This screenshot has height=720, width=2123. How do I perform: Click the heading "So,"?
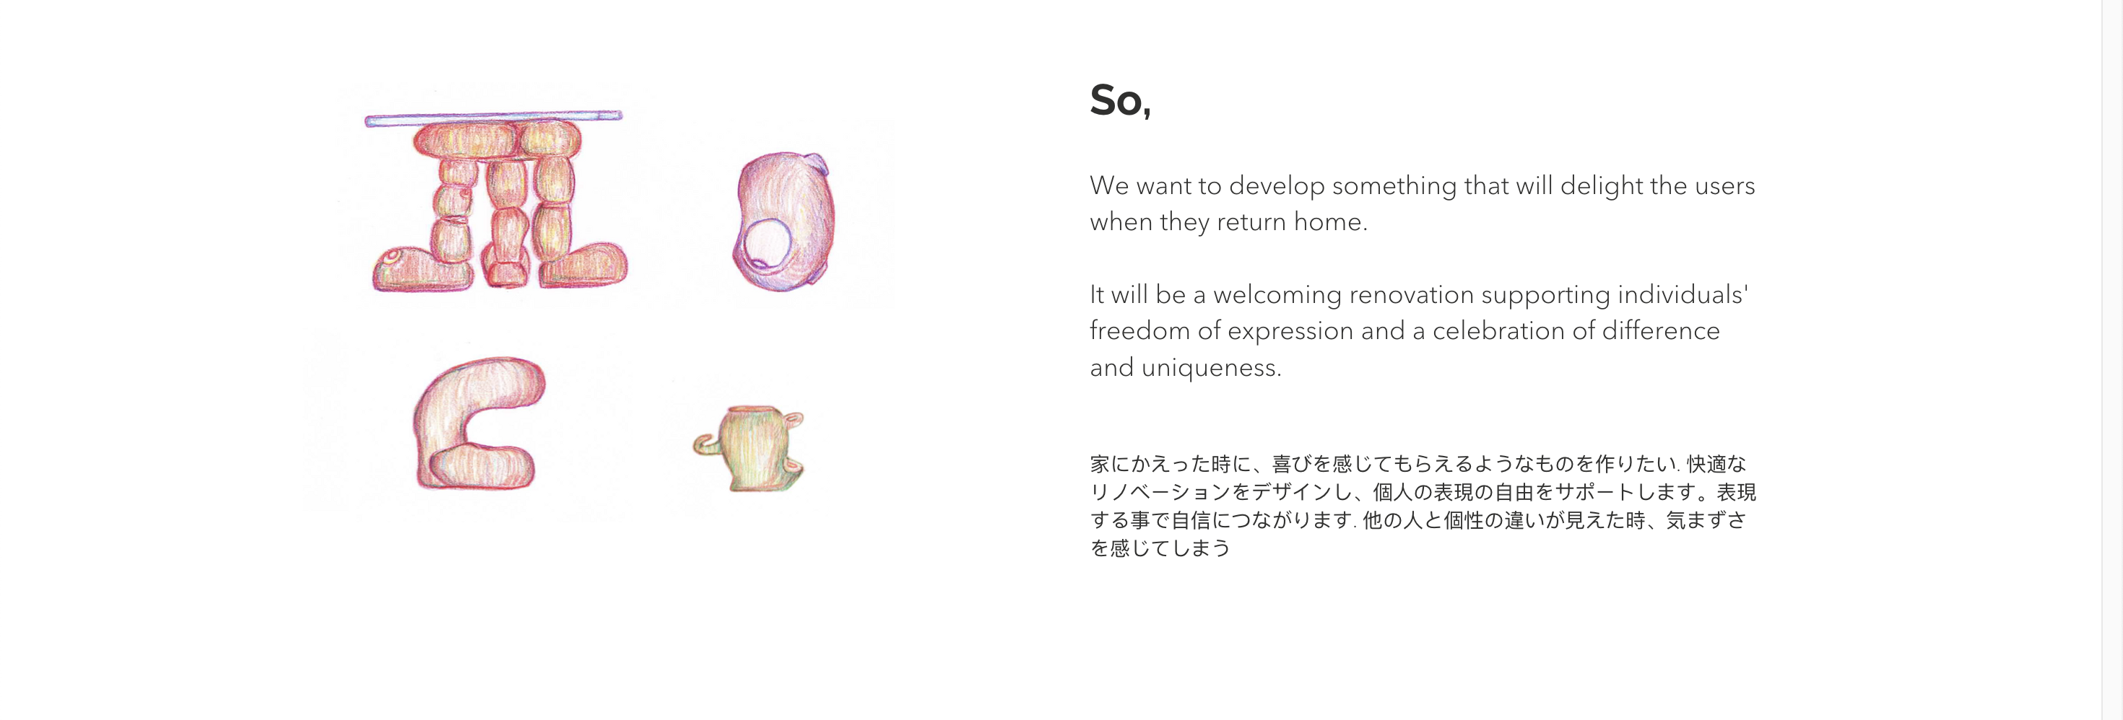pyautogui.click(x=1120, y=101)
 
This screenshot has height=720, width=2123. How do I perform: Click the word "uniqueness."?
pyautogui.click(x=1211, y=367)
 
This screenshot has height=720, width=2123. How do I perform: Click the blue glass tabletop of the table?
pyautogui.click(x=494, y=118)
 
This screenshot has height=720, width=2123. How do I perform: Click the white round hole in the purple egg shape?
pyautogui.click(x=766, y=245)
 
